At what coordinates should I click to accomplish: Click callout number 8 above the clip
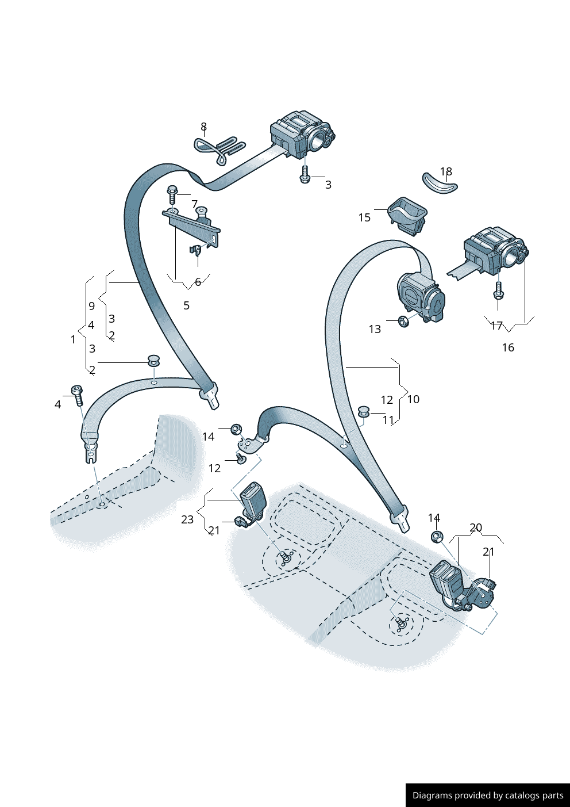(203, 127)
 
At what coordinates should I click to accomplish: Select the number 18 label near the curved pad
(446, 171)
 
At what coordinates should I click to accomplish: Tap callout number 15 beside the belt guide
(364, 217)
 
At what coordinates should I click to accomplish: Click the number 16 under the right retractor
(508, 347)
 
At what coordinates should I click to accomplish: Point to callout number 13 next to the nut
(375, 329)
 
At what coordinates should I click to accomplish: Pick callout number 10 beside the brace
(413, 399)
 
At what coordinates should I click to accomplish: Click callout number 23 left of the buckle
(187, 519)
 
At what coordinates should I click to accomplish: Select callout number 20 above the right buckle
(475, 527)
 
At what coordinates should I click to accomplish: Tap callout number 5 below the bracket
(186, 305)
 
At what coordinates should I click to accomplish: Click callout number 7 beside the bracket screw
(195, 204)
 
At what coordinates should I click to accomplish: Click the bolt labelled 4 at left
(78, 395)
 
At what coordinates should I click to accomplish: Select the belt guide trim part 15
(407, 216)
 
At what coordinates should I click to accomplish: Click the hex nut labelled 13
(403, 321)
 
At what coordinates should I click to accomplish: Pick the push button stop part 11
(364, 411)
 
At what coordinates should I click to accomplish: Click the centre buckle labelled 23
(253, 498)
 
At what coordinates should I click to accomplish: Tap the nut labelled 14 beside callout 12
(236, 429)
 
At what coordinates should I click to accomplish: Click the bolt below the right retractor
(498, 290)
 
